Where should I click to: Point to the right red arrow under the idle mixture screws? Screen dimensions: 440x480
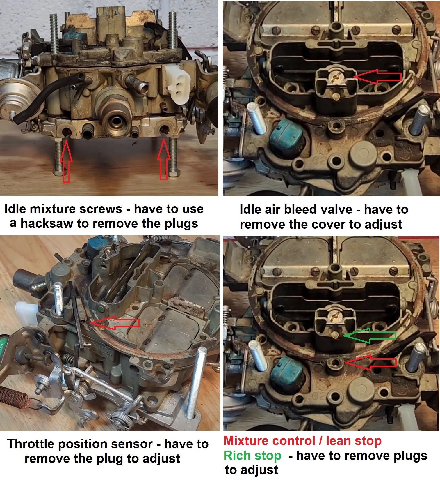(164, 159)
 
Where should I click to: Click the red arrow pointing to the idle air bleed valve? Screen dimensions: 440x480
(377, 76)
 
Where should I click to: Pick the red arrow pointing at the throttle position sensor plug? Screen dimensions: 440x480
(115, 323)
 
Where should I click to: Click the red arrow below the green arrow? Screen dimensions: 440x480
(370, 363)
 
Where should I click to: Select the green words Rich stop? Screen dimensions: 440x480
(252, 456)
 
